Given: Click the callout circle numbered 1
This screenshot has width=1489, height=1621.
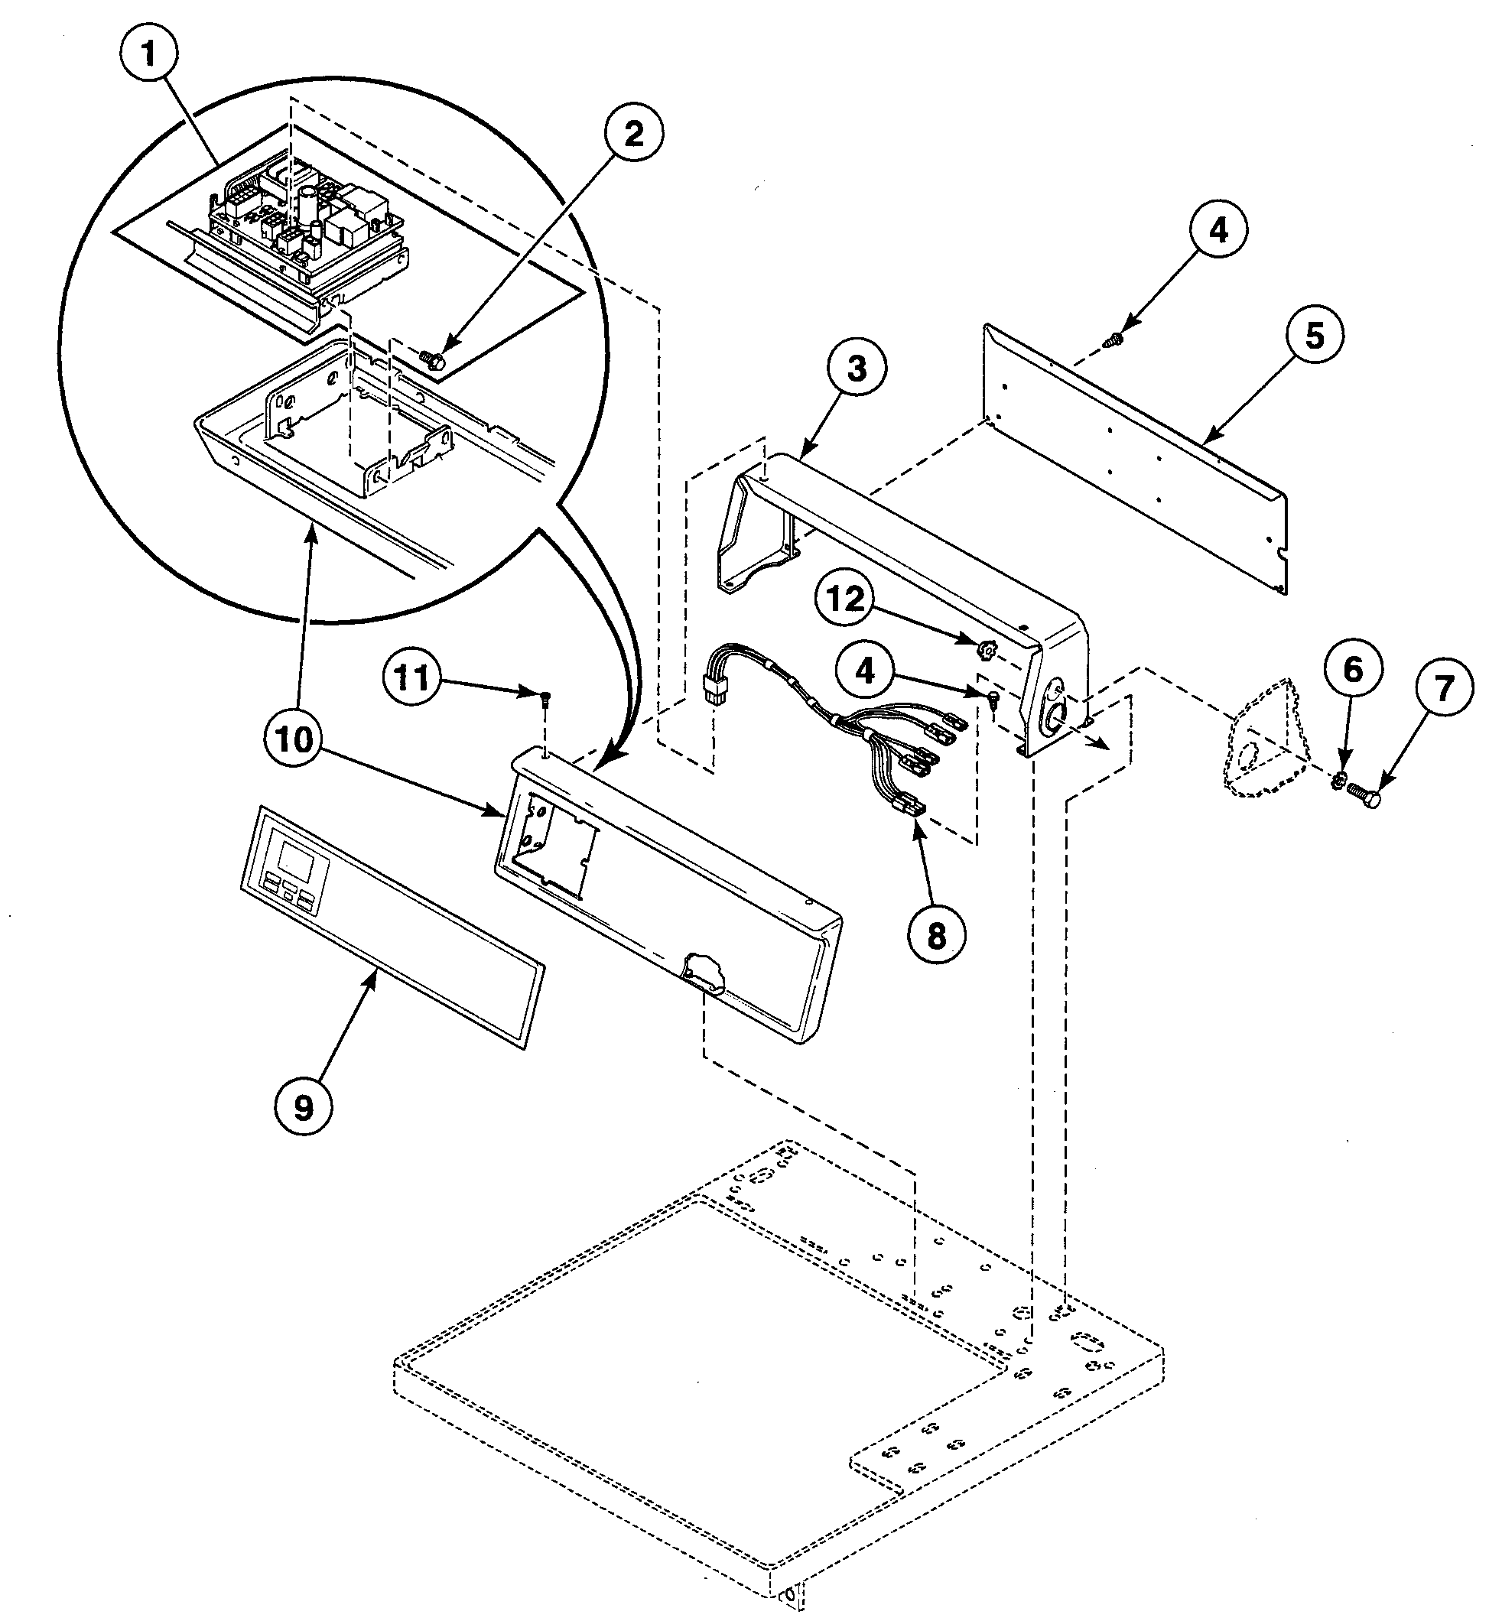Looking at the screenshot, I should (x=148, y=56).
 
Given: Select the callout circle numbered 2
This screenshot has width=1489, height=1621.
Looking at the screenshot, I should (x=633, y=135).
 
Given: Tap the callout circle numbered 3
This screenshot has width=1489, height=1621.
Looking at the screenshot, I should (x=857, y=369).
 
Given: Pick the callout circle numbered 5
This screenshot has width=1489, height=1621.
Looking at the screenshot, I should (x=1314, y=336).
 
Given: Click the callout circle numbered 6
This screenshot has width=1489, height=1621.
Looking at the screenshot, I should (x=1352, y=669).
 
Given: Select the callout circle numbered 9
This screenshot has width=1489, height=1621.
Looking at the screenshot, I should (x=303, y=1109).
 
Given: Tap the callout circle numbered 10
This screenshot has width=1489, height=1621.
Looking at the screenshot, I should (x=296, y=739).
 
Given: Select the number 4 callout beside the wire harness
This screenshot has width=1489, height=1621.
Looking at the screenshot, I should (x=866, y=670).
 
